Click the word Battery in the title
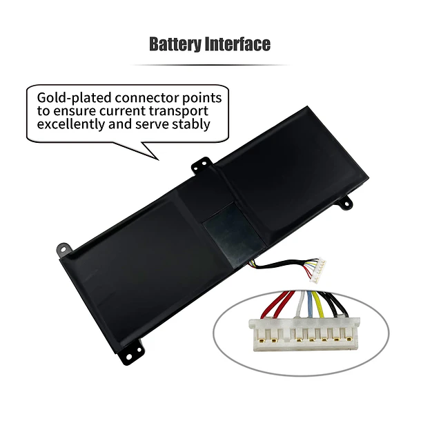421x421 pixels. pos(175,44)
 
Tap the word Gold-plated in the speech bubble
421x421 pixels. pos(74,98)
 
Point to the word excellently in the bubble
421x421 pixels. pos(71,124)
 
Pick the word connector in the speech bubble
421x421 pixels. pos(147,98)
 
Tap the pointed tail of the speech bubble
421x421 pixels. pos(159,160)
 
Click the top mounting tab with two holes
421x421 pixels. pos(202,164)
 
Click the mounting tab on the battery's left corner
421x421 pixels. pos(64,249)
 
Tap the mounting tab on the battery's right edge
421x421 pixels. pos(346,202)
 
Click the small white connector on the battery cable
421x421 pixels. pos(318,270)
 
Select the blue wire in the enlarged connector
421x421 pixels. pos(310,305)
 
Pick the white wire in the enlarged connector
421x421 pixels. pos(301,305)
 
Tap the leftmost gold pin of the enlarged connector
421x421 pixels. pos(262,339)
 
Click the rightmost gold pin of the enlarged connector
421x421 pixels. pos(349,339)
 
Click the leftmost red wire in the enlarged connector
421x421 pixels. pos(268,305)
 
